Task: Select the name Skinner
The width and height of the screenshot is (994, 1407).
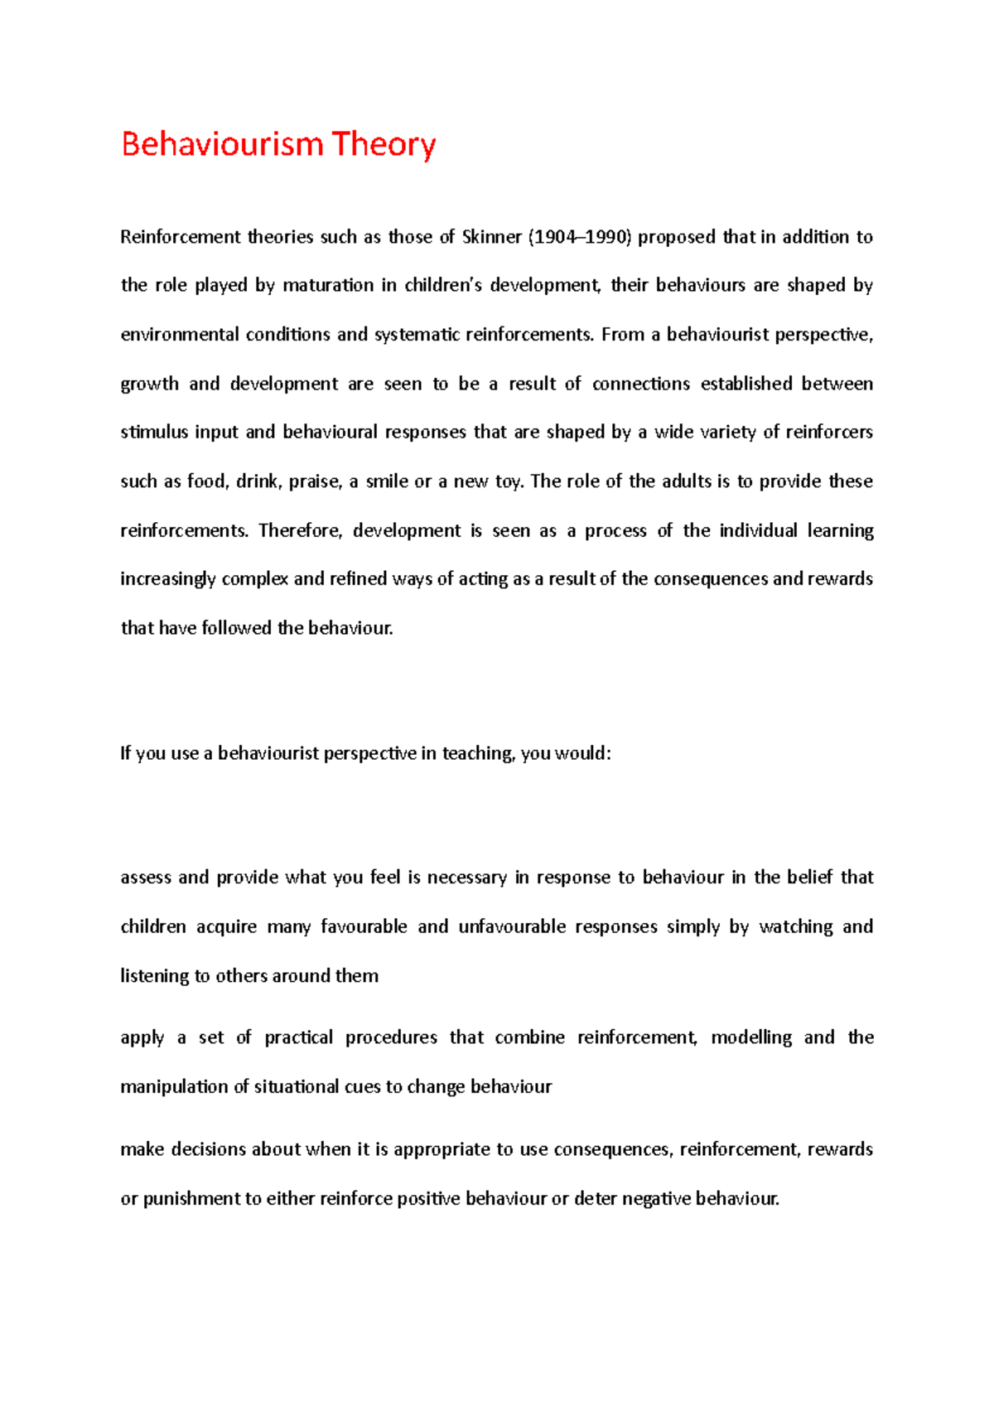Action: coord(492,237)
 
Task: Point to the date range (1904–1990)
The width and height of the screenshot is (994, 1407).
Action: coord(579,237)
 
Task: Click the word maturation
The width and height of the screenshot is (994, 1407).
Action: coord(328,286)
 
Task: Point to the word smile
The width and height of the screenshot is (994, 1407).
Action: coord(387,481)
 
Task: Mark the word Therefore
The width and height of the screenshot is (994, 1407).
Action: coord(300,530)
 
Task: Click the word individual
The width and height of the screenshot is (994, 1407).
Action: coord(758,530)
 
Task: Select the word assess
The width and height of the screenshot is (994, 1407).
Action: coord(146,878)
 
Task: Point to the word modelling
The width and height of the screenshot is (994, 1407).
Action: coord(751,1037)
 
